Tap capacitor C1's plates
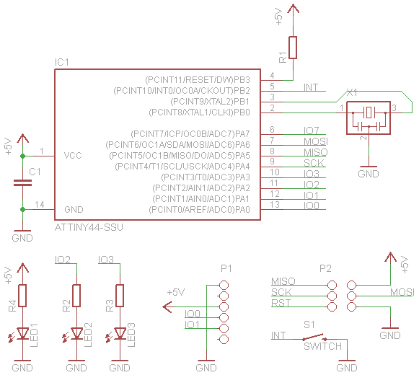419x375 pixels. point(22,183)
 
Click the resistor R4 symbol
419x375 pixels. point(22,295)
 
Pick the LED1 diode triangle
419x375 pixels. point(22,333)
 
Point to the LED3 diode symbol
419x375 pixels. point(120,333)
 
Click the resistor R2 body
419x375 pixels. point(76,295)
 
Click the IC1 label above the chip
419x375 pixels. point(62,63)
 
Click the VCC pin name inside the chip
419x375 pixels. point(74,155)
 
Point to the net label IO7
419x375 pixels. point(312,131)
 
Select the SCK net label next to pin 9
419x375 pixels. point(314,163)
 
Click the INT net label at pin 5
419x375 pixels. point(311,87)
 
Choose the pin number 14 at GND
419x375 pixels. point(40,205)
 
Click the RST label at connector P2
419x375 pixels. point(281,303)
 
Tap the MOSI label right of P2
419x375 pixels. point(402,292)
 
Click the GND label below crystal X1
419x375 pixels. point(369,174)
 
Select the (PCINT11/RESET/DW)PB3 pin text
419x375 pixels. point(198,79)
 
